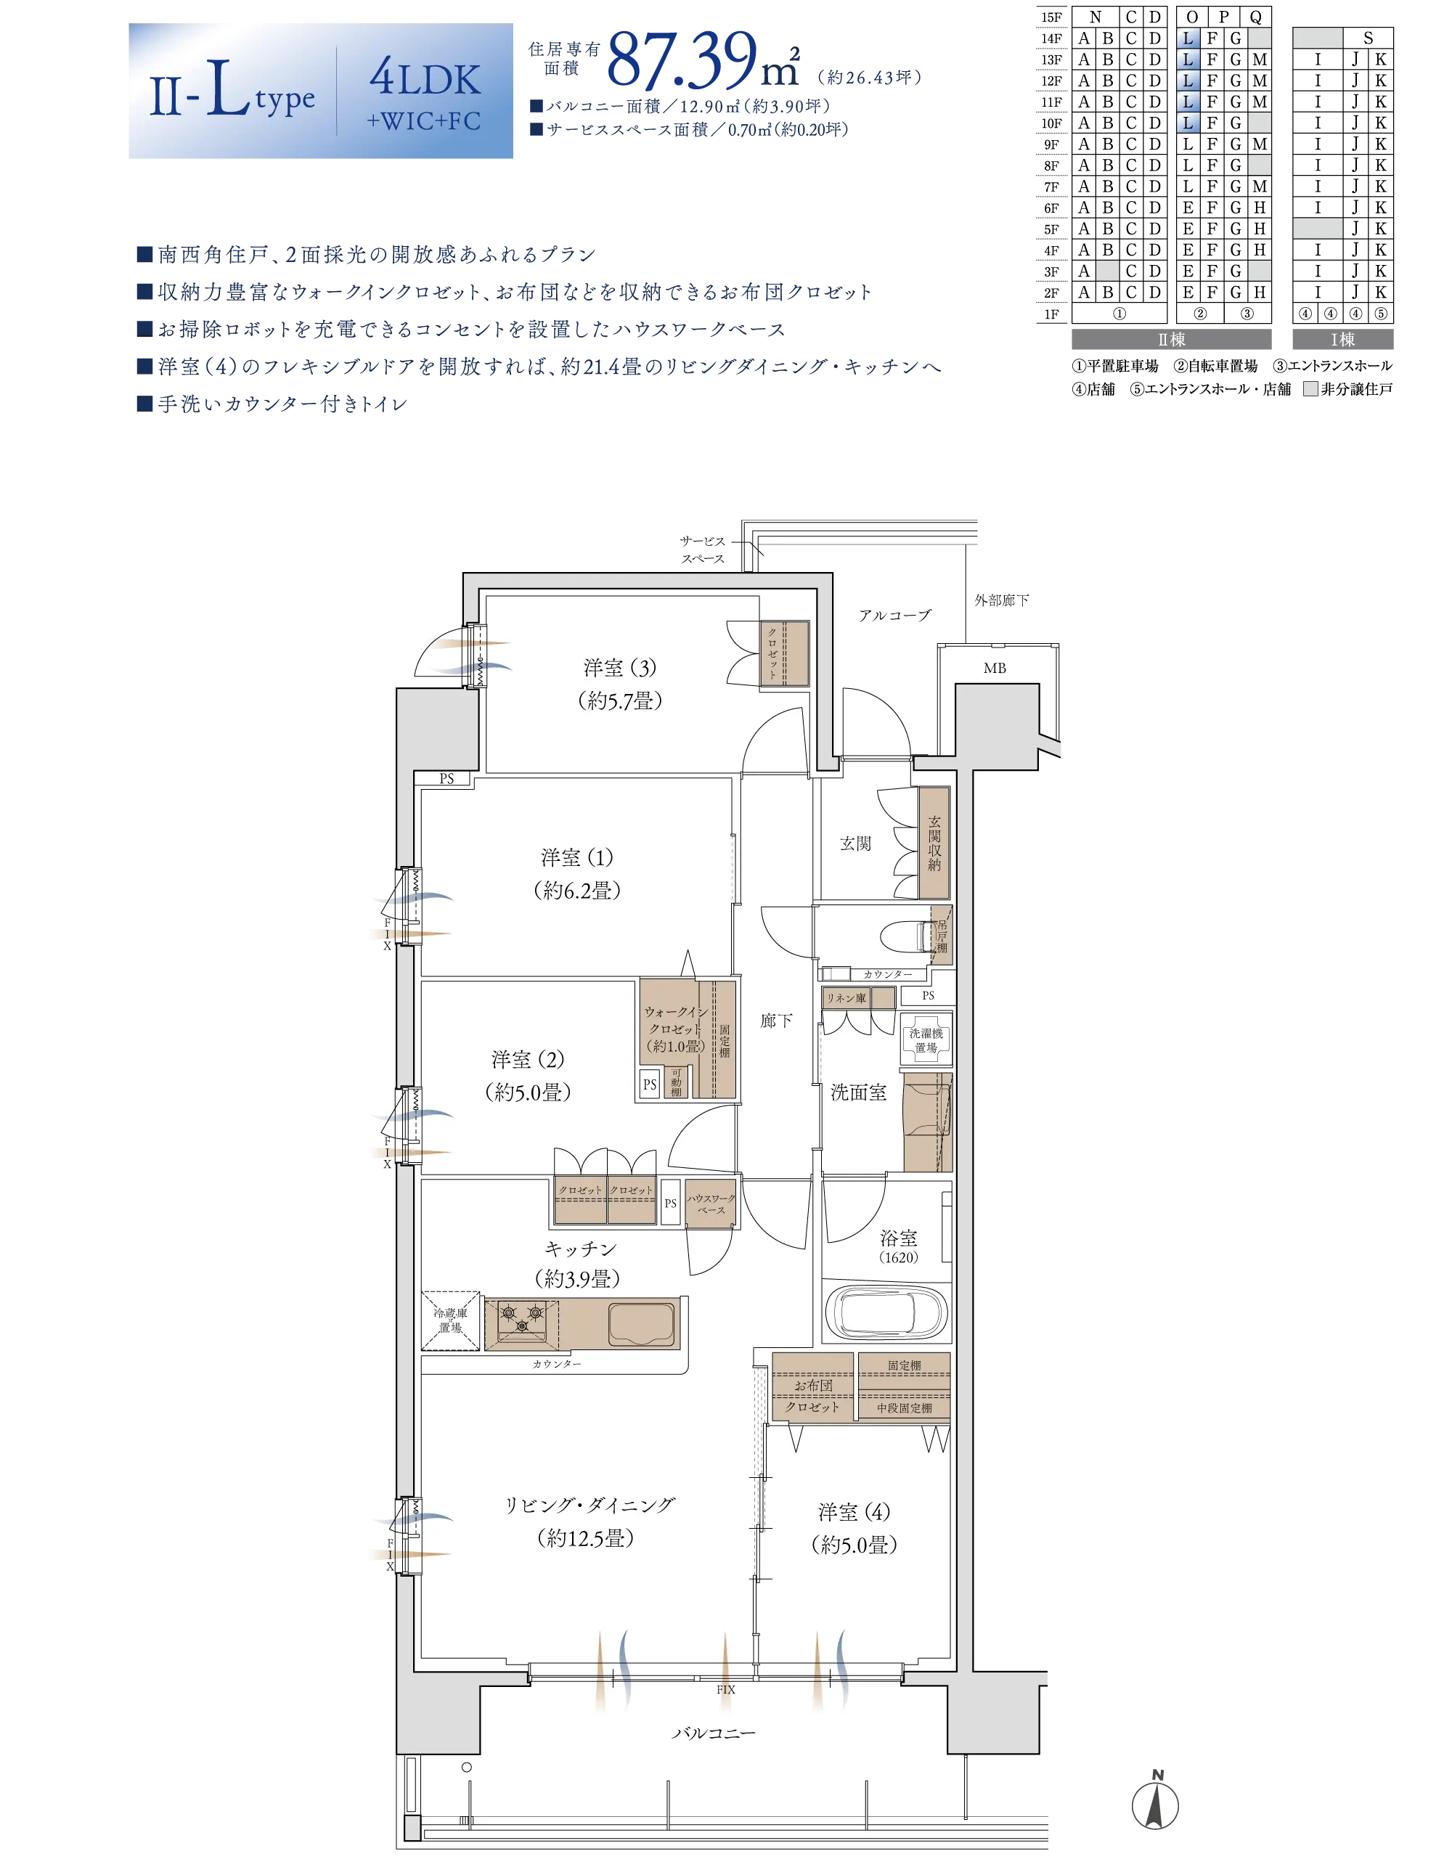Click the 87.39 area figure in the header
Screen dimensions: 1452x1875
click(x=682, y=60)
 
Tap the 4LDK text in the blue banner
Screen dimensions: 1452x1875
click(x=425, y=79)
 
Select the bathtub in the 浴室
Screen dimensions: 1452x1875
click(x=886, y=1312)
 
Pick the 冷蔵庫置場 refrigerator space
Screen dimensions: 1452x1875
click(x=451, y=1320)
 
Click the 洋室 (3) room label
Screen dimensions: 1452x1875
click(x=620, y=667)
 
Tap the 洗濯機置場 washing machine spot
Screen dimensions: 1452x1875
click(x=926, y=1040)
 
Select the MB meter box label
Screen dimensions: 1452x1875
click(x=995, y=668)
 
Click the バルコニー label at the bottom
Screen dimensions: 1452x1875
click(x=714, y=1733)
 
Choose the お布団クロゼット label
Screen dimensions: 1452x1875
click(x=812, y=1396)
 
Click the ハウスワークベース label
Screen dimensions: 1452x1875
click(x=711, y=1204)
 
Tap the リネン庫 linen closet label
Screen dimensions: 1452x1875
click(x=846, y=997)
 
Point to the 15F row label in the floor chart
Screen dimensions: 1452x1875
click(x=1051, y=17)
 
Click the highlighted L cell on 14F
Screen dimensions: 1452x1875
click(x=1188, y=38)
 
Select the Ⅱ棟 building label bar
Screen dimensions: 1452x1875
click(x=1171, y=339)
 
